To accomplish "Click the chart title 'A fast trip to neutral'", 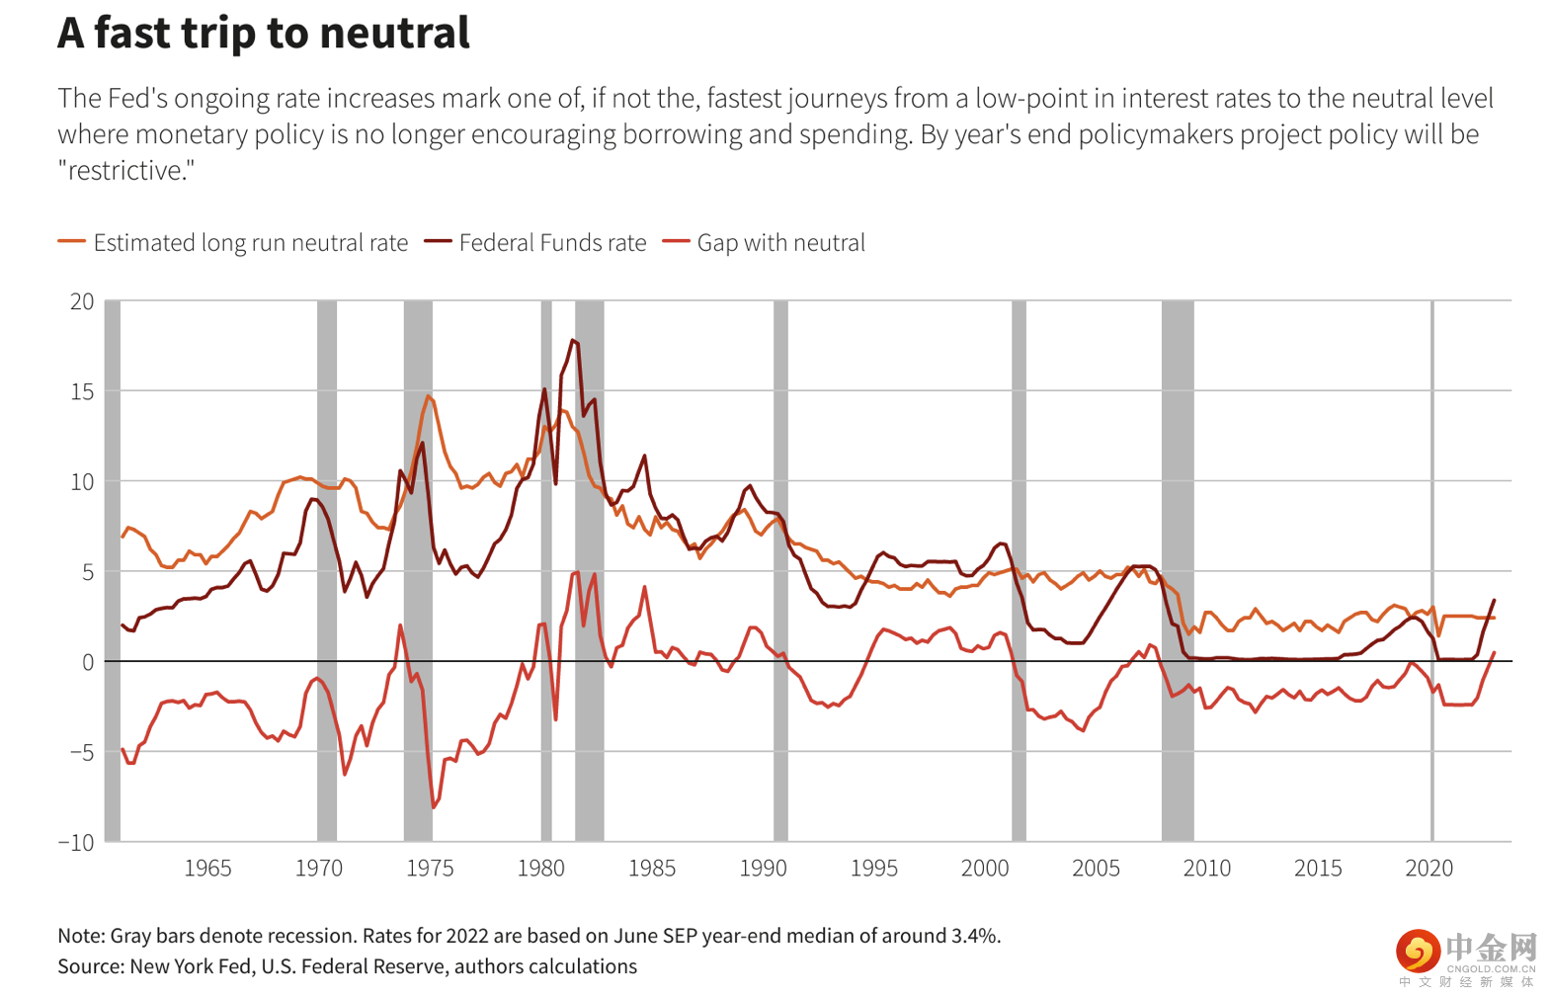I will [x=264, y=33].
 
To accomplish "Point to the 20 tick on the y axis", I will [x=82, y=301].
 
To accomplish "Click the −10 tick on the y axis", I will [x=76, y=843].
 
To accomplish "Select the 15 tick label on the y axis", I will [x=82, y=391].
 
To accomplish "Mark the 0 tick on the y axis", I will [x=88, y=662].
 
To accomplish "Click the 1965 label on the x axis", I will [x=207, y=869].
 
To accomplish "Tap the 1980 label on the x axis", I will [x=540, y=869].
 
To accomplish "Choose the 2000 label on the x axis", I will [x=985, y=869].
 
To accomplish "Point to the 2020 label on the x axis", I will [x=1429, y=869].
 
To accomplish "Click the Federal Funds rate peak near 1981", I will [x=573, y=341].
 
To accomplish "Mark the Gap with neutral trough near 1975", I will [x=433, y=807].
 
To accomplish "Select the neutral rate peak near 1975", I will [x=429, y=396].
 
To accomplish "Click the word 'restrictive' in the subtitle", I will [x=125, y=171].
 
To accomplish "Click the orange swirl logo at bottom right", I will [x=1418, y=952].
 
